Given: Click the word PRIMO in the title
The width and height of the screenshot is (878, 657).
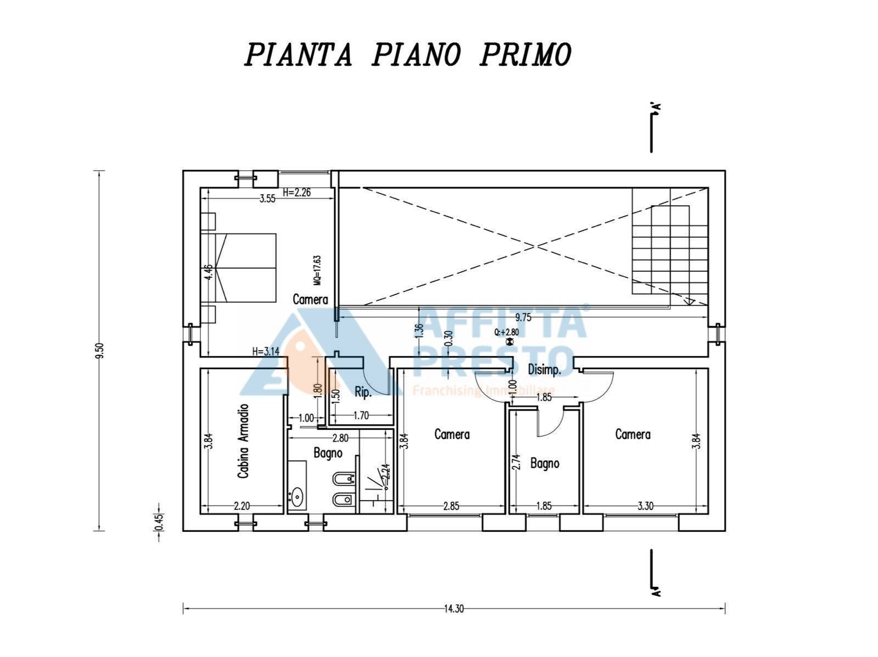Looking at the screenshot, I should (x=526, y=54).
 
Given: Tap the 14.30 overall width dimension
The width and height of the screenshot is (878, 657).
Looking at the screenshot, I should (x=454, y=609).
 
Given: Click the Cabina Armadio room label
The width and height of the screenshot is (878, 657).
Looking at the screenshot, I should (x=243, y=441).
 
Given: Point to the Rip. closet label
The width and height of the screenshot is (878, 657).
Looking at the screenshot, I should (x=363, y=393).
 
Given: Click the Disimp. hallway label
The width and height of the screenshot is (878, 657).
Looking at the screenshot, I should (x=544, y=370).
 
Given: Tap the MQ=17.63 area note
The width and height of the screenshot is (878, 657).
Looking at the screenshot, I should (x=317, y=270).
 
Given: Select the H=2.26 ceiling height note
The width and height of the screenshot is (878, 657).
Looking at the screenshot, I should (x=297, y=193).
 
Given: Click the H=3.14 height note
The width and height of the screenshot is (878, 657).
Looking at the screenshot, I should (x=266, y=352).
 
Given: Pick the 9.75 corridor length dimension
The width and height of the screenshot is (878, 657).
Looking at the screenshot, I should (x=523, y=317).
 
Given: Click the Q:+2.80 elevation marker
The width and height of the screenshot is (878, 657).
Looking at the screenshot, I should (x=506, y=332).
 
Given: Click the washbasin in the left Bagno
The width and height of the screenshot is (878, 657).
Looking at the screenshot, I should (x=297, y=497).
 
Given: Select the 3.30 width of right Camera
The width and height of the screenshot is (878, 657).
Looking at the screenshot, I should (x=645, y=506).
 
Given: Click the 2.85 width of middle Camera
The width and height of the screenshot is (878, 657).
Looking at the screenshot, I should (x=451, y=506).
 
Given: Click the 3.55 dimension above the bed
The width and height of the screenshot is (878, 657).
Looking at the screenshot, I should (x=267, y=199).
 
